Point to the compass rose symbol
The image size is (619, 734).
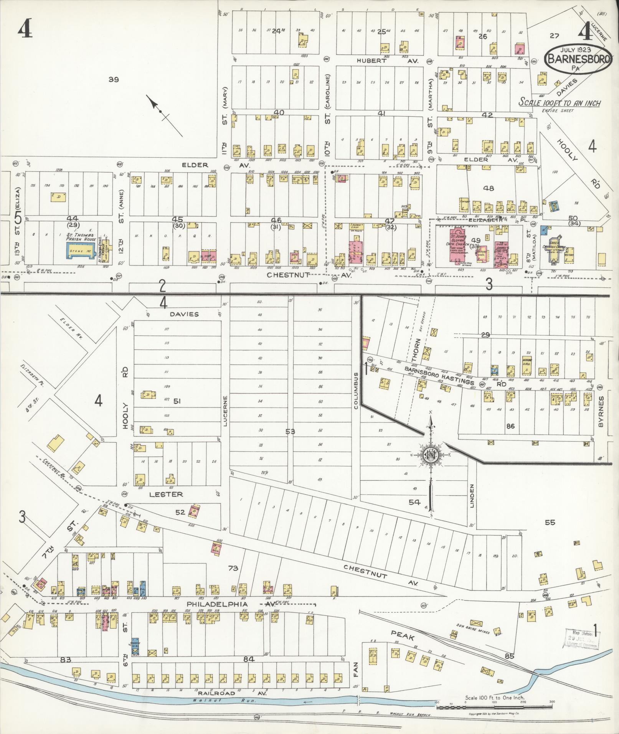tap(430, 455)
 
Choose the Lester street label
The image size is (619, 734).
tap(166, 494)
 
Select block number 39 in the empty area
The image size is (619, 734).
tap(114, 79)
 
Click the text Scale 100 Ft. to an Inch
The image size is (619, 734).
tap(560, 103)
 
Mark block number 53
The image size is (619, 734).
tap(290, 432)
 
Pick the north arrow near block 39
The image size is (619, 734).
tap(161, 111)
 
